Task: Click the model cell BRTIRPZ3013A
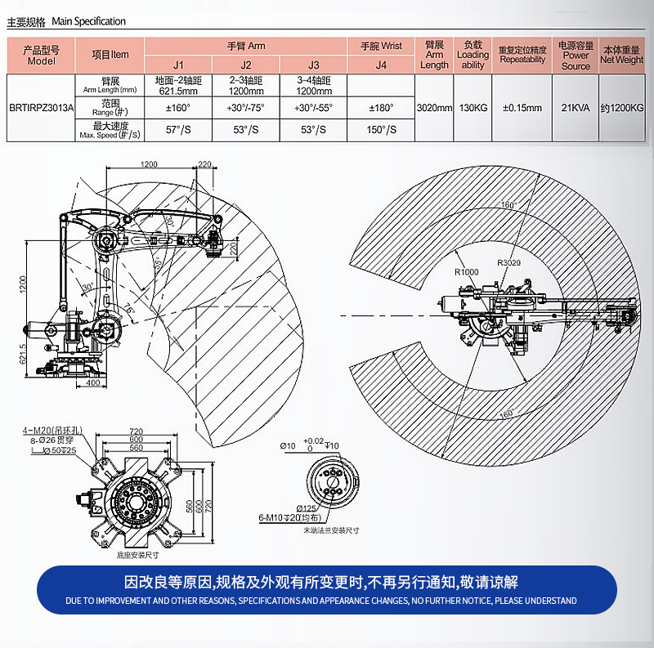point(41,107)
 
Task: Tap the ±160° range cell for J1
point(177,107)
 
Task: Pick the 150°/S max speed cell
point(381,130)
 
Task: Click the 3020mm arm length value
point(434,107)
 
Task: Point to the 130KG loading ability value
point(473,107)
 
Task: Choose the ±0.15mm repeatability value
point(522,107)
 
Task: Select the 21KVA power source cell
point(576,107)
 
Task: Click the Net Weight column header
point(621,54)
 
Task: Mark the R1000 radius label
point(467,271)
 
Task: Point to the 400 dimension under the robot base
point(92,382)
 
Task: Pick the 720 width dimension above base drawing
point(136,431)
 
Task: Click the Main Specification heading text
point(88,21)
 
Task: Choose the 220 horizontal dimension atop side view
point(204,165)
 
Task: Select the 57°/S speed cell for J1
point(177,130)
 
